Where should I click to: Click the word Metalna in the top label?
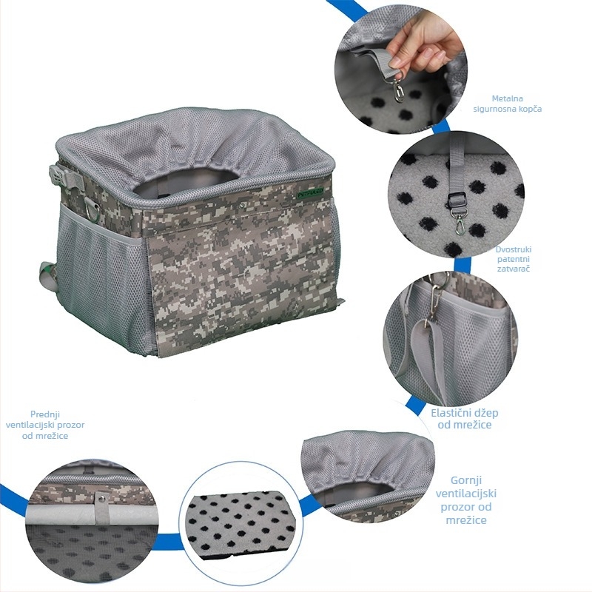pyautogui.click(x=507, y=98)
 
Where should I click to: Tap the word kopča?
pyautogui.click(x=530, y=109)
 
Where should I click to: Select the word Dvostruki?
pyautogui.click(x=514, y=249)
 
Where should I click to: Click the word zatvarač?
pyautogui.click(x=514, y=269)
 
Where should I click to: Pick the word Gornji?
pyautogui.click(x=466, y=480)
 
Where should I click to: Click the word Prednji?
pyautogui.click(x=45, y=414)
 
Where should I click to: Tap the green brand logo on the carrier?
pyautogui.click(x=310, y=193)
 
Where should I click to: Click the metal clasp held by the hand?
pyautogui.click(x=397, y=90)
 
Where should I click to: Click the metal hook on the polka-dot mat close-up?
pyautogui.click(x=459, y=223)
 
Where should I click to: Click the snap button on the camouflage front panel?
pyautogui.click(x=243, y=205)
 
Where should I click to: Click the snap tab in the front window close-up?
pyautogui.click(x=101, y=507)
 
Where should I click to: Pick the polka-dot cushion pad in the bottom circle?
pyautogui.click(x=242, y=523)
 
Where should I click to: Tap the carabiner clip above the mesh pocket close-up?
pyautogui.click(x=435, y=301)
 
